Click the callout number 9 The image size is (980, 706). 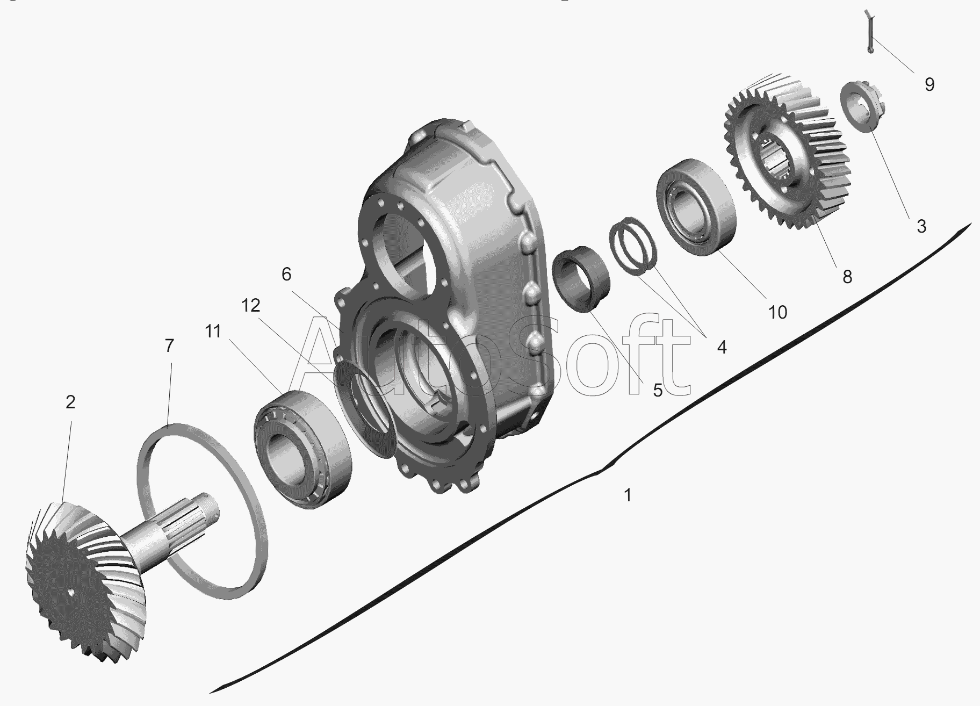click(929, 84)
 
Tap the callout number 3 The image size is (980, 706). click(921, 226)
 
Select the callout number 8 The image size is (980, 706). click(847, 277)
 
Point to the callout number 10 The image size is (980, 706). click(777, 312)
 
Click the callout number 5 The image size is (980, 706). click(658, 391)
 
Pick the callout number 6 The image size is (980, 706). click(286, 274)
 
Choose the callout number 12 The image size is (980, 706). click(251, 305)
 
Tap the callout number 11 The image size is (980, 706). click(213, 332)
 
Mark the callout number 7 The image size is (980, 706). click(169, 345)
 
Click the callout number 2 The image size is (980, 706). click(70, 402)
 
